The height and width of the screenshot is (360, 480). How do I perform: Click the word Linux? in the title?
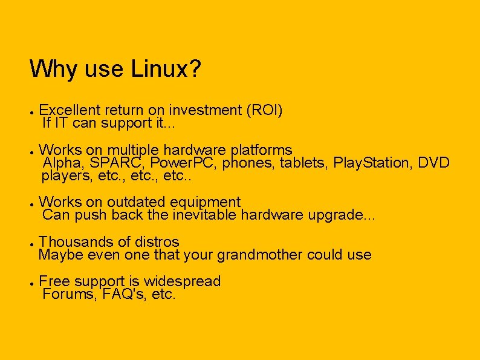pyautogui.click(x=166, y=69)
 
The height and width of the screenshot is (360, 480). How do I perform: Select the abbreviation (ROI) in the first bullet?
pyautogui.click(x=264, y=110)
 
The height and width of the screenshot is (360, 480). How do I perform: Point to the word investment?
pyautogui.click(x=205, y=110)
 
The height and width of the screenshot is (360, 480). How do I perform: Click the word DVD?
pyautogui.click(x=434, y=163)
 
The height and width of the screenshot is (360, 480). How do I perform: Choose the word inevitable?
pyautogui.click(x=206, y=215)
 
